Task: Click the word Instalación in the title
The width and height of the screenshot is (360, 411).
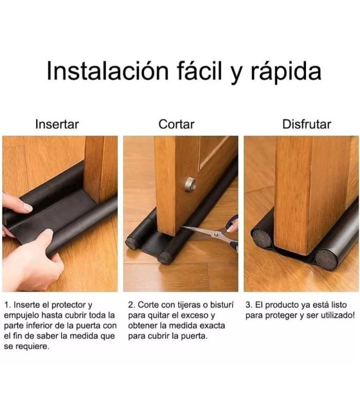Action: point(107,71)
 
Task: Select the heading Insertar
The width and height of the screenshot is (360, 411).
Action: point(57,124)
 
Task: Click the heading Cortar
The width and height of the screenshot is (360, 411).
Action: point(176,124)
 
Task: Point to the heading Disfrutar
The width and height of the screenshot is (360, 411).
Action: point(307,124)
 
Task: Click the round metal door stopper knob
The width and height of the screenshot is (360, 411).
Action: point(190,184)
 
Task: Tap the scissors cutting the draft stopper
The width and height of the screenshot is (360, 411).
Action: point(211,234)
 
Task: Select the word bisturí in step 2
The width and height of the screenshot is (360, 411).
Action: point(223,305)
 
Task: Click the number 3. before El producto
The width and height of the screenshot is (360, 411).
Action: point(249,305)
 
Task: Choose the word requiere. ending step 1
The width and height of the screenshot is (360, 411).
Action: point(32,347)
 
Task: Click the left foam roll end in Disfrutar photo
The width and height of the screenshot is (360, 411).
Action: point(262,238)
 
